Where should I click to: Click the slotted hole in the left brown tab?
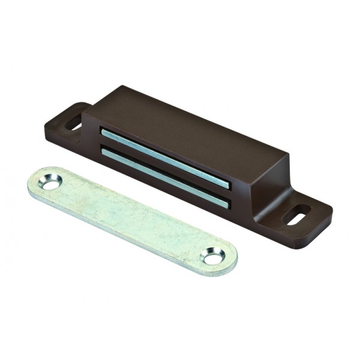click(x=74, y=123)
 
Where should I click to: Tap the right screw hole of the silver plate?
click(x=213, y=257)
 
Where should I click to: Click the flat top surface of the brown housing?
click(x=186, y=129)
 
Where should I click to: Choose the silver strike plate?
click(x=132, y=220)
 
